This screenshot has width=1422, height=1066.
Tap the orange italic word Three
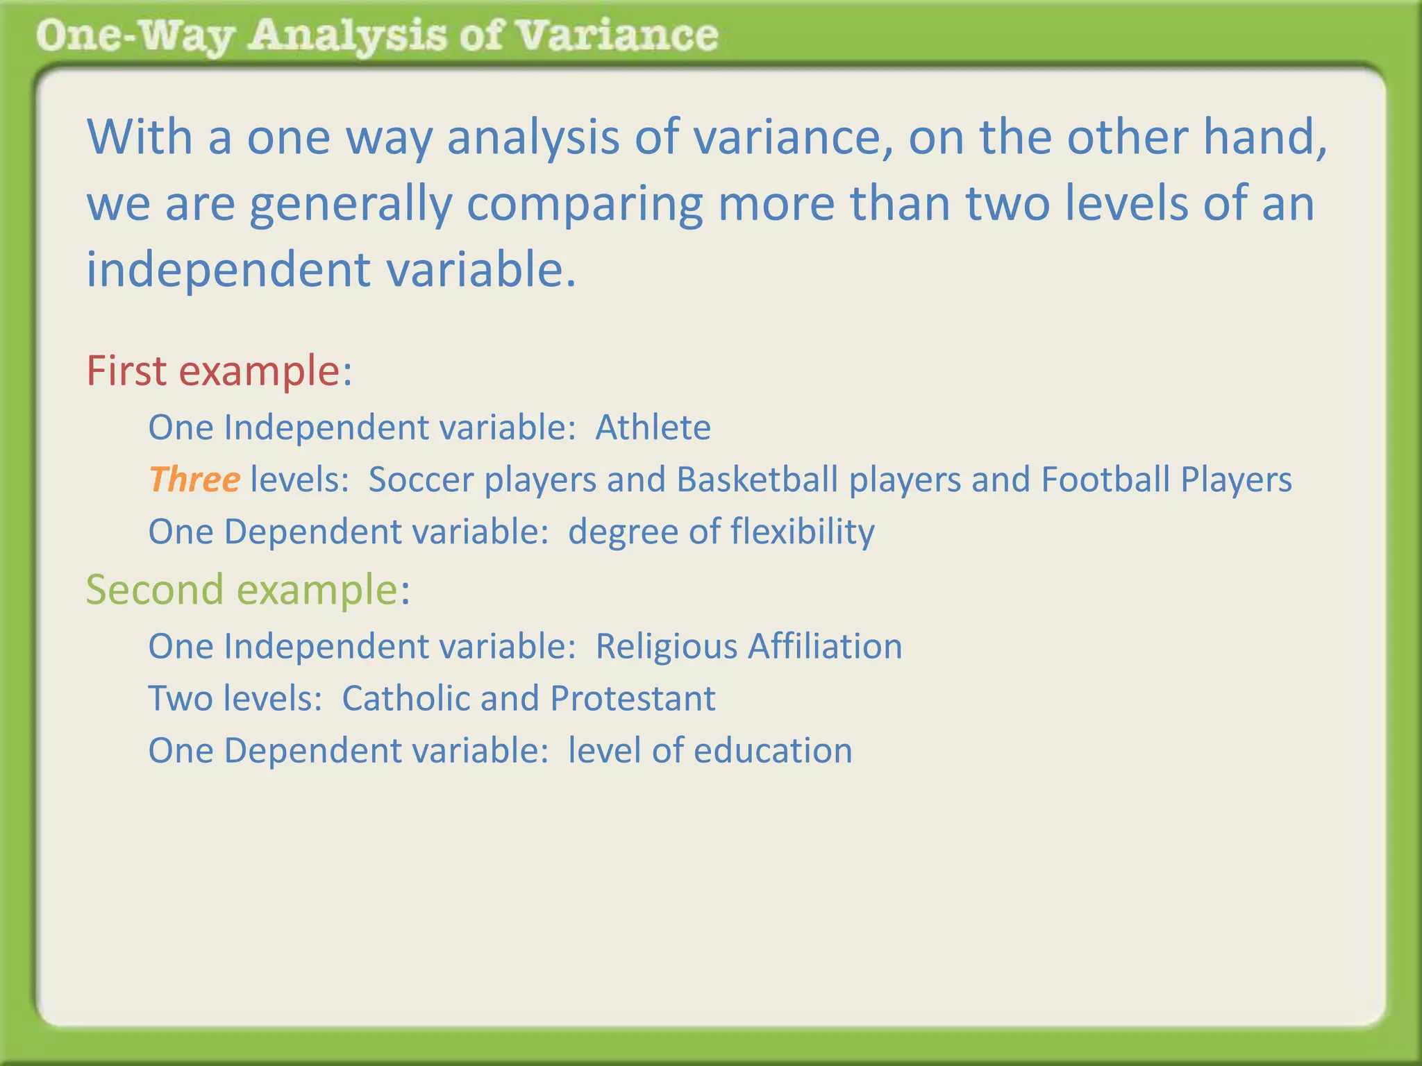194,480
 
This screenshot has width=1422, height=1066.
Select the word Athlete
653,428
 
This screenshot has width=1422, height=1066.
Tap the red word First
126,371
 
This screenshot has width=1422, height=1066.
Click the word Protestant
632,699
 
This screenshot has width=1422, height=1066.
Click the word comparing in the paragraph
584,205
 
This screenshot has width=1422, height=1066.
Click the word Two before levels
181,699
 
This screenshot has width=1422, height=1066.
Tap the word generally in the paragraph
351,205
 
